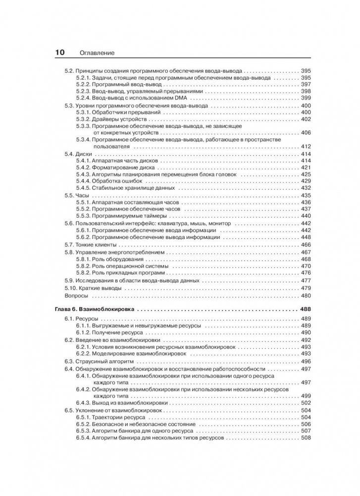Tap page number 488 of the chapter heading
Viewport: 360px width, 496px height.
[x=305, y=309]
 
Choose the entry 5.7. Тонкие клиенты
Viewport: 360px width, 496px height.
[x=90, y=245]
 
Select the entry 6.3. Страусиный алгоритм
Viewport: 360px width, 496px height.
[x=97, y=362]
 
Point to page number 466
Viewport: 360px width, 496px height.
[x=306, y=245]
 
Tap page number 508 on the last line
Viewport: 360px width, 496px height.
[x=306, y=439]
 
